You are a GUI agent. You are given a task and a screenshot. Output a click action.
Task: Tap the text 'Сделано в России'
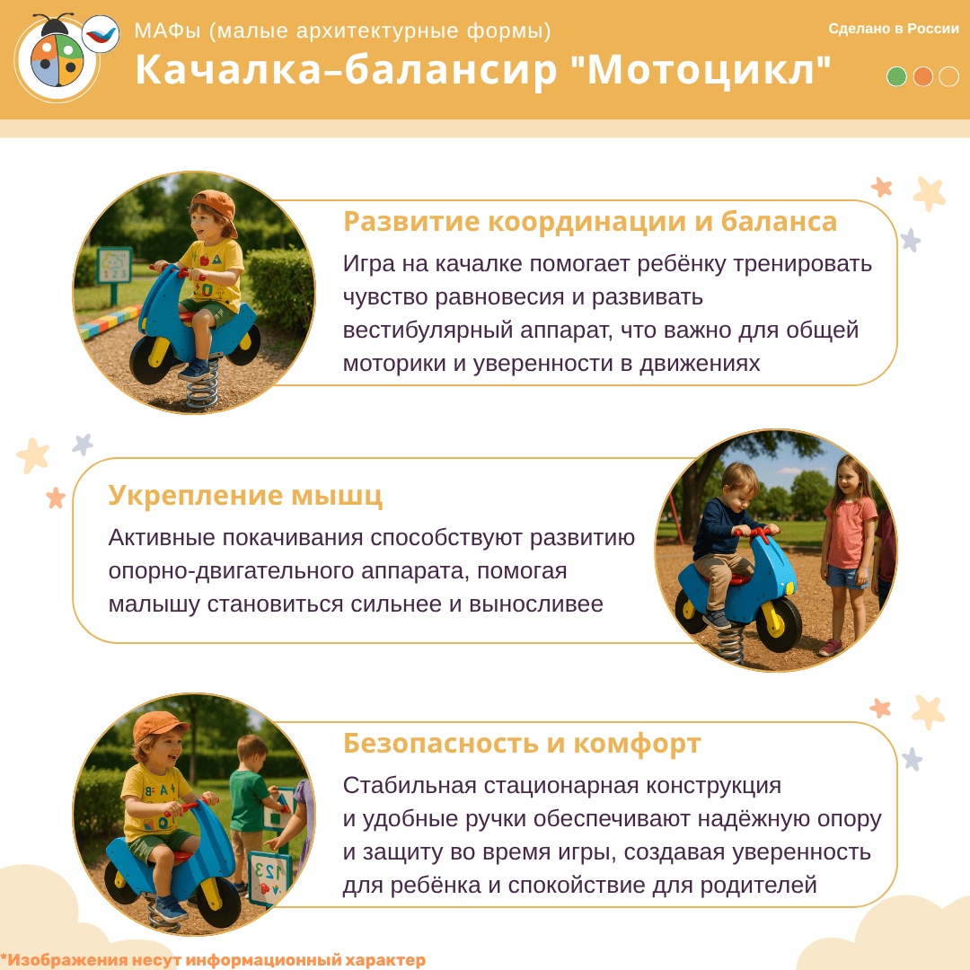pyautogui.click(x=894, y=29)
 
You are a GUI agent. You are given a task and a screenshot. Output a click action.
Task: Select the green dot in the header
pyautogui.click(x=896, y=76)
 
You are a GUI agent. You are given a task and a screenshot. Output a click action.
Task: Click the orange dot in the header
pyautogui.click(x=922, y=76)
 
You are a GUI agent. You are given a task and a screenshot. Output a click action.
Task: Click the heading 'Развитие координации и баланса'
pyautogui.click(x=589, y=222)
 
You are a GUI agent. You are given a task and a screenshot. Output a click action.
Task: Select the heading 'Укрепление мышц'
pyautogui.click(x=245, y=496)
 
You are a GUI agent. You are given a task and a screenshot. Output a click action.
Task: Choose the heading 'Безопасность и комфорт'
pyautogui.click(x=522, y=743)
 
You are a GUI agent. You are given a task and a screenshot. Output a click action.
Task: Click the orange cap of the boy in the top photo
pyautogui.click(x=216, y=207)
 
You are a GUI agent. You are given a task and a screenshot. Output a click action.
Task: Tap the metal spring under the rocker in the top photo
pyautogui.click(x=203, y=384)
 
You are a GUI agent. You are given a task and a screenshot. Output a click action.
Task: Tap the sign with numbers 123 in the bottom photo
pyautogui.click(x=269, y=878)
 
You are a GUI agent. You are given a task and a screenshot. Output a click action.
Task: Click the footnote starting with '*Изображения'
pyautogui.click(x=213, y=959)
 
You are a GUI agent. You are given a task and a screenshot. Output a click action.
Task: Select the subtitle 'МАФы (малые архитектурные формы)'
pyautogui.click(x=343, y=31)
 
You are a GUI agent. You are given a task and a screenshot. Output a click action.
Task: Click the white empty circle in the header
pyautogui.click(x=948, y=76)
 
